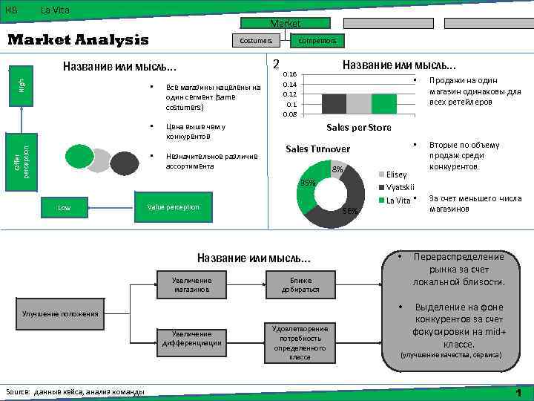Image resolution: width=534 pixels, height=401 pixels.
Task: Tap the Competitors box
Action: [x=317, y=40]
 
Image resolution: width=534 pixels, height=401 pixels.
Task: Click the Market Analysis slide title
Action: [x=78, y=40]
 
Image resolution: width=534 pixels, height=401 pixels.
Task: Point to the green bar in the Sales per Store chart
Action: [x=383, y=104]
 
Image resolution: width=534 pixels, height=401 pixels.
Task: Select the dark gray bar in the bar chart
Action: [x=334, y=104]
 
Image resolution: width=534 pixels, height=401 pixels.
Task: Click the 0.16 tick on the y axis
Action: [x=291, y=74]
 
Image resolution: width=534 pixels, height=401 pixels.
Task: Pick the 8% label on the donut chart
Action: [x=337, y=170]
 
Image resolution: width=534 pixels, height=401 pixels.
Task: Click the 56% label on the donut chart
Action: [x=351, y=211]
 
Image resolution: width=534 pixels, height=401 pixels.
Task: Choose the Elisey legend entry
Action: [x=397, y=175]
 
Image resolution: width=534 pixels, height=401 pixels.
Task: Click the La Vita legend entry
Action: [x=397, y=200]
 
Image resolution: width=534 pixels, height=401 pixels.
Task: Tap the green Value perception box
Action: [x=174, y=207]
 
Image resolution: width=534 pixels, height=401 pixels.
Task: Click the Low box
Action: [x=65, y=208]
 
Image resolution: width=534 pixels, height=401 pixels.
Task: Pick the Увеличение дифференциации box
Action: [x=192, y=339]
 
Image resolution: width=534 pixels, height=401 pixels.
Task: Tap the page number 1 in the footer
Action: [x=519, y=392]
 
